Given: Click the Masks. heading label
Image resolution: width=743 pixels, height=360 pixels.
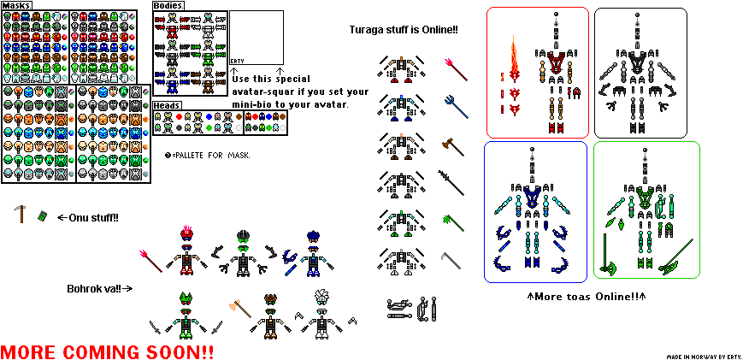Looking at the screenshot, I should pos(17,5).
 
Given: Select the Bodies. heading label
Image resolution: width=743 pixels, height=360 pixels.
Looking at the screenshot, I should pos(168,5).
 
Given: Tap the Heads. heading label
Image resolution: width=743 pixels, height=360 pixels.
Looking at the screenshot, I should pos(167,105).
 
